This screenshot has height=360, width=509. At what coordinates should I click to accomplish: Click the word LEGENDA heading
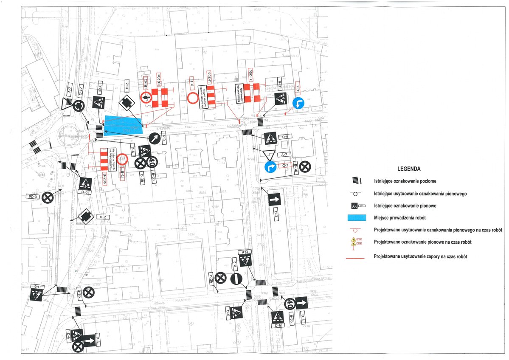[409, 169]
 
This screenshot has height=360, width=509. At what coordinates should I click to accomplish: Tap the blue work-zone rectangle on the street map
[123, 126]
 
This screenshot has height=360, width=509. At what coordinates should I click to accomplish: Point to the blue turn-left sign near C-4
[300, 103]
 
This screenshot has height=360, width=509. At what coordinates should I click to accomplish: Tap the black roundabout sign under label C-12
[78, 105]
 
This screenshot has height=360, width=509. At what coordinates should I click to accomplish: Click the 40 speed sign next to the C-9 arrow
[151, 162]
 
